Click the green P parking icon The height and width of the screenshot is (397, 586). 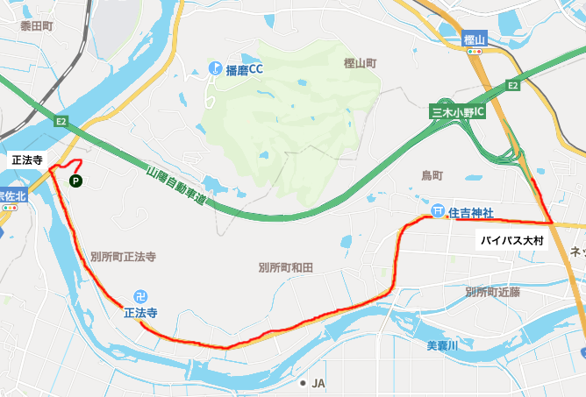point(75,181)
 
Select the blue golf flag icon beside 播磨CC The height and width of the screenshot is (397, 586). point(215,67)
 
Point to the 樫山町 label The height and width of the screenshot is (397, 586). point(360,64)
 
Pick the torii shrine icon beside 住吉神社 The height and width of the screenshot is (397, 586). point(437,211)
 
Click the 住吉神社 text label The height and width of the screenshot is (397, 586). point(472,213)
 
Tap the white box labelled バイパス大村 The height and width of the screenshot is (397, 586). point(513,241)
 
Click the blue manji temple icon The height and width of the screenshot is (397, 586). point(140,296)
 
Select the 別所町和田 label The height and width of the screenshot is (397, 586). point(286,266)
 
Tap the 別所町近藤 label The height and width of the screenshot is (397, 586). point(493,291)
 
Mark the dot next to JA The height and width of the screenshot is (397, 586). point(303,383)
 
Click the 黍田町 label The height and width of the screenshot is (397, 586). point(37,26)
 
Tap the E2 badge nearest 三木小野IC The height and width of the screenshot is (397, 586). point(514,86)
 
